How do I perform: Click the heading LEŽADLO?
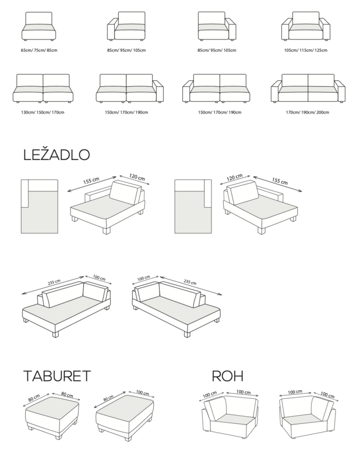[57, 155]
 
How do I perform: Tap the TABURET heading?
[57, 376]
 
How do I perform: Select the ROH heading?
[228, 376]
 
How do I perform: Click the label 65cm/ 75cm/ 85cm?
[39, 50]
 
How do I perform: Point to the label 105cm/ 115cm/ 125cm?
[305, 50]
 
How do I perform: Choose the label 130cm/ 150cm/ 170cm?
[43, 112]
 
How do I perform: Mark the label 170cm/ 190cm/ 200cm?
[308, 112]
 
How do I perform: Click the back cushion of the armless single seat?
[38, 18]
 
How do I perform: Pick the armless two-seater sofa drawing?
[43, 89]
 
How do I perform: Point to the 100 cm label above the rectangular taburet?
[143, 392]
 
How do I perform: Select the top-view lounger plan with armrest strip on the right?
[193, 207]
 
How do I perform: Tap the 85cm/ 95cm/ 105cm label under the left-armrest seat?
[126, 50]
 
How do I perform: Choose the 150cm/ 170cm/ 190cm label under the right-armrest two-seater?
[126, 112]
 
